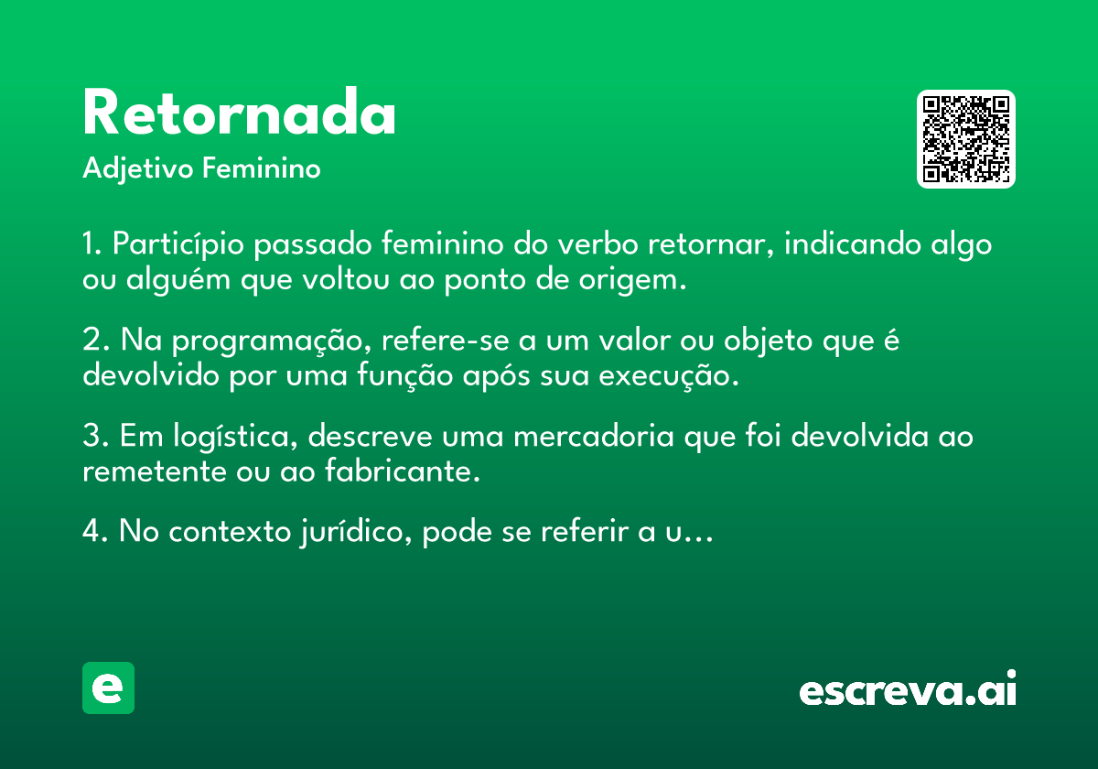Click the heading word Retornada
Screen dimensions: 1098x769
click(239, 112)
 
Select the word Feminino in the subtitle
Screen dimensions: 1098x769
click(262, 168)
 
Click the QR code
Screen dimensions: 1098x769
click(965, 139)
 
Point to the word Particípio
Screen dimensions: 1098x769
click(178, 244)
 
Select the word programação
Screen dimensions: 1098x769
click(271, 341)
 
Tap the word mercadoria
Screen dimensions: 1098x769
click(594, 436)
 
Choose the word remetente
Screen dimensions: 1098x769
click(155, 471)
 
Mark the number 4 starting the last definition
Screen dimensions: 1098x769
click(91, 531)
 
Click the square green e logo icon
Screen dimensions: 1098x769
click(108, 688)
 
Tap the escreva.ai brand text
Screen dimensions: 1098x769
click(908, 688)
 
